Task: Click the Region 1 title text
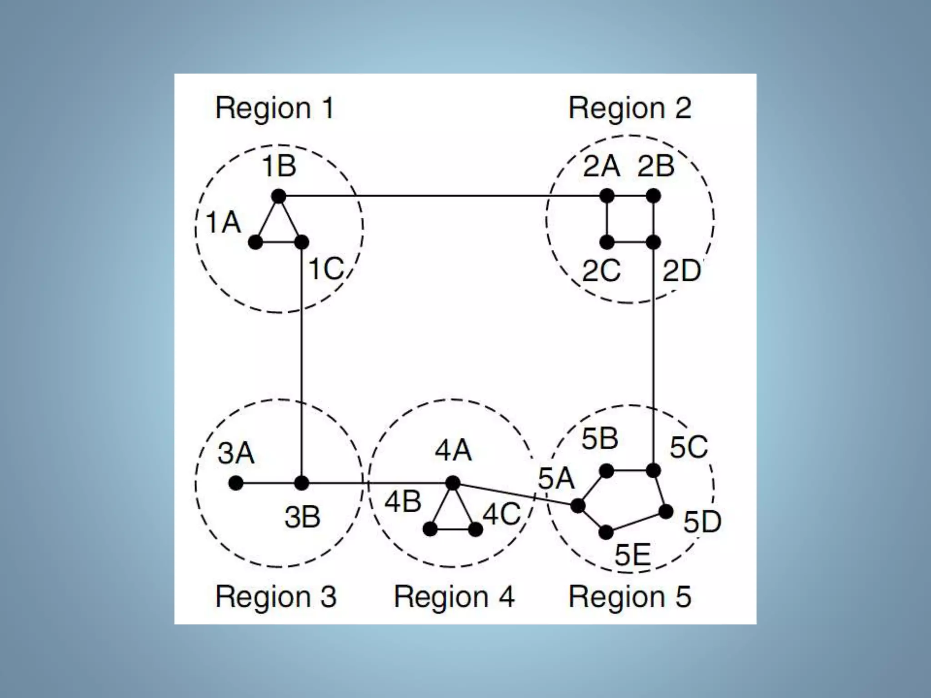[275, 109]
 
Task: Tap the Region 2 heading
[630, 109]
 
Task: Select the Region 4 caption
[454, 597]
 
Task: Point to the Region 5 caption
[630, 597]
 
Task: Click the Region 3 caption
[276, 597]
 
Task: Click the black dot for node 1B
[279, 196]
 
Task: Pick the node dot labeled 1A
[255, 242]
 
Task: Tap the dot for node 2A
[607, 196]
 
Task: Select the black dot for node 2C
[607, 242]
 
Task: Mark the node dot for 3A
[235, 483]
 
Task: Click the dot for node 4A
[453, 483]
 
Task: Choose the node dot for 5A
[578, 505]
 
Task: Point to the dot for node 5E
[606, 532]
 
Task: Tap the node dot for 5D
[666, 512]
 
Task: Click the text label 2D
[681, 271]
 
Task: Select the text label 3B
[302, 517]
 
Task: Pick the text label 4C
[501, 515]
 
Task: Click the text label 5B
[600, 439]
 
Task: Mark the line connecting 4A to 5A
[515, 494]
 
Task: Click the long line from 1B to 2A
[443, 196]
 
